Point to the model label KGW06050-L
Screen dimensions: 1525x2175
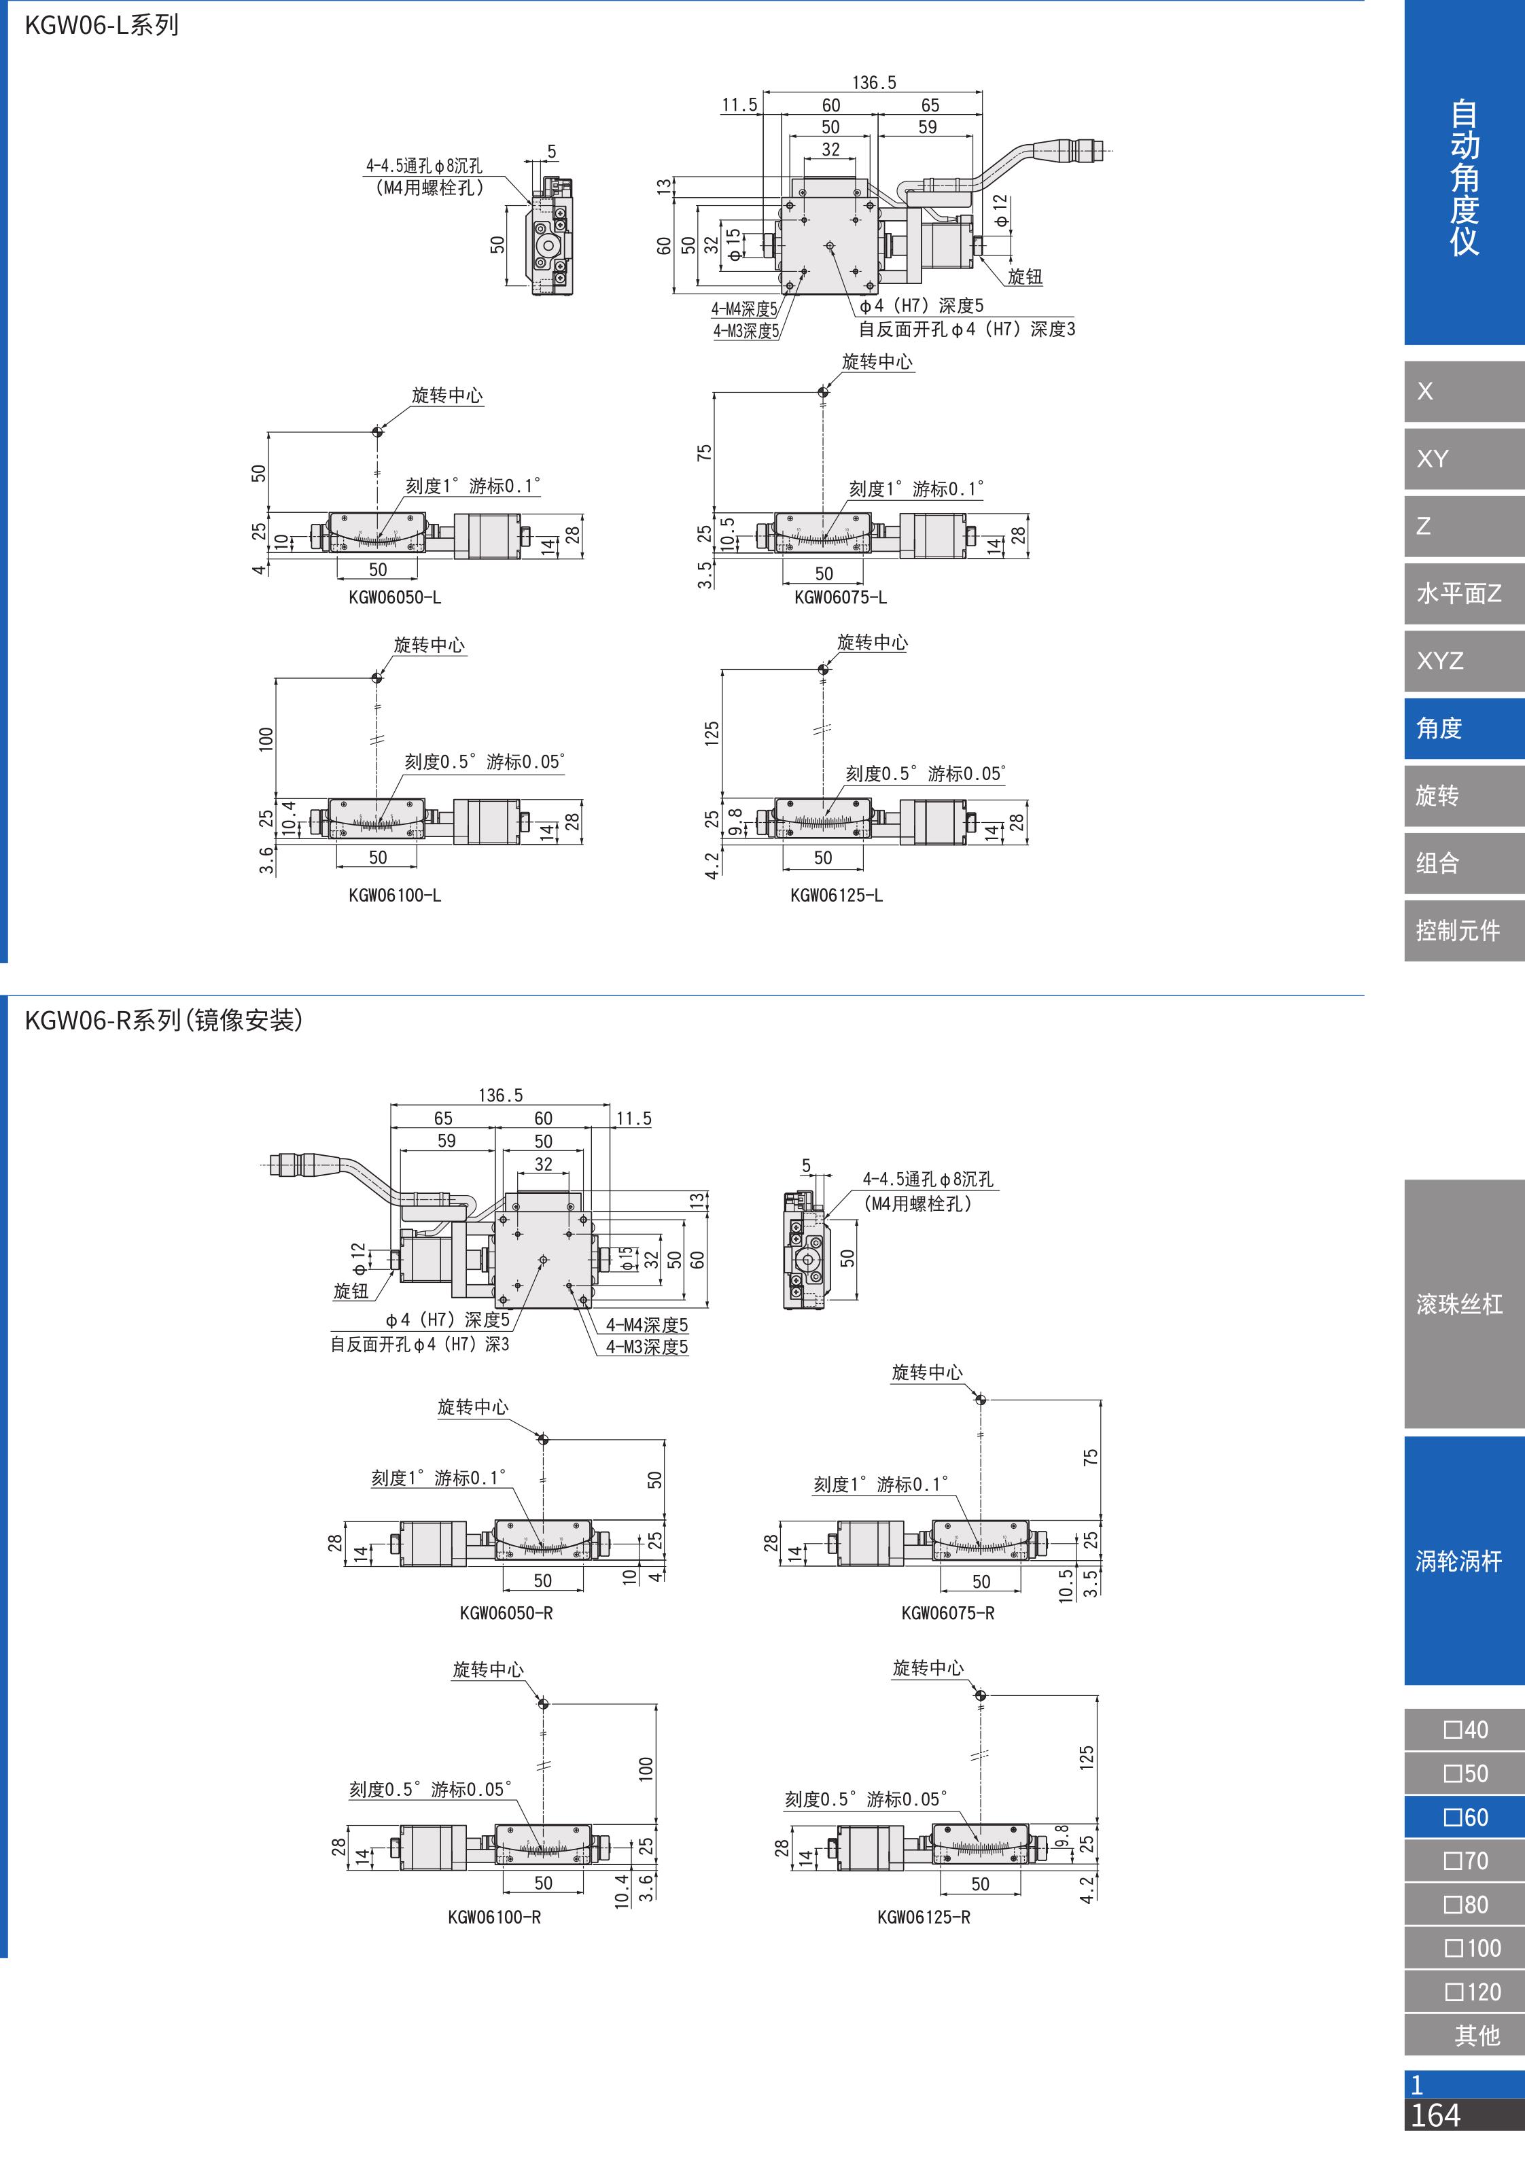click(x=395, y=598)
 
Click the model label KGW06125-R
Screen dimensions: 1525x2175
click(x=924, y=1917)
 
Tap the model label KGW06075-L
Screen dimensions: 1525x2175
click(x=840, y=598)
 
